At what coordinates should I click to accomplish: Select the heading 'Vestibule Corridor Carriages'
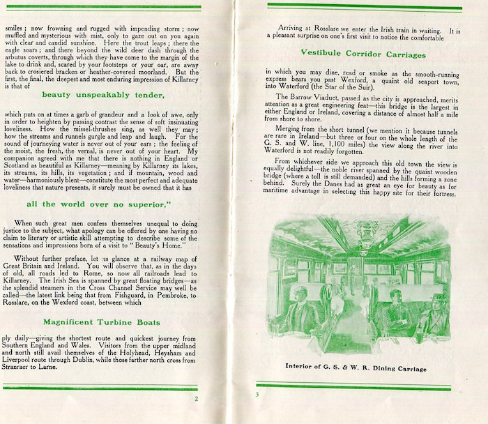[361, 52]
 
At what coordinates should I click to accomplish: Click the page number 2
[197, 399]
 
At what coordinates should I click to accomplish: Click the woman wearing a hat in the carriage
[438, 307]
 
